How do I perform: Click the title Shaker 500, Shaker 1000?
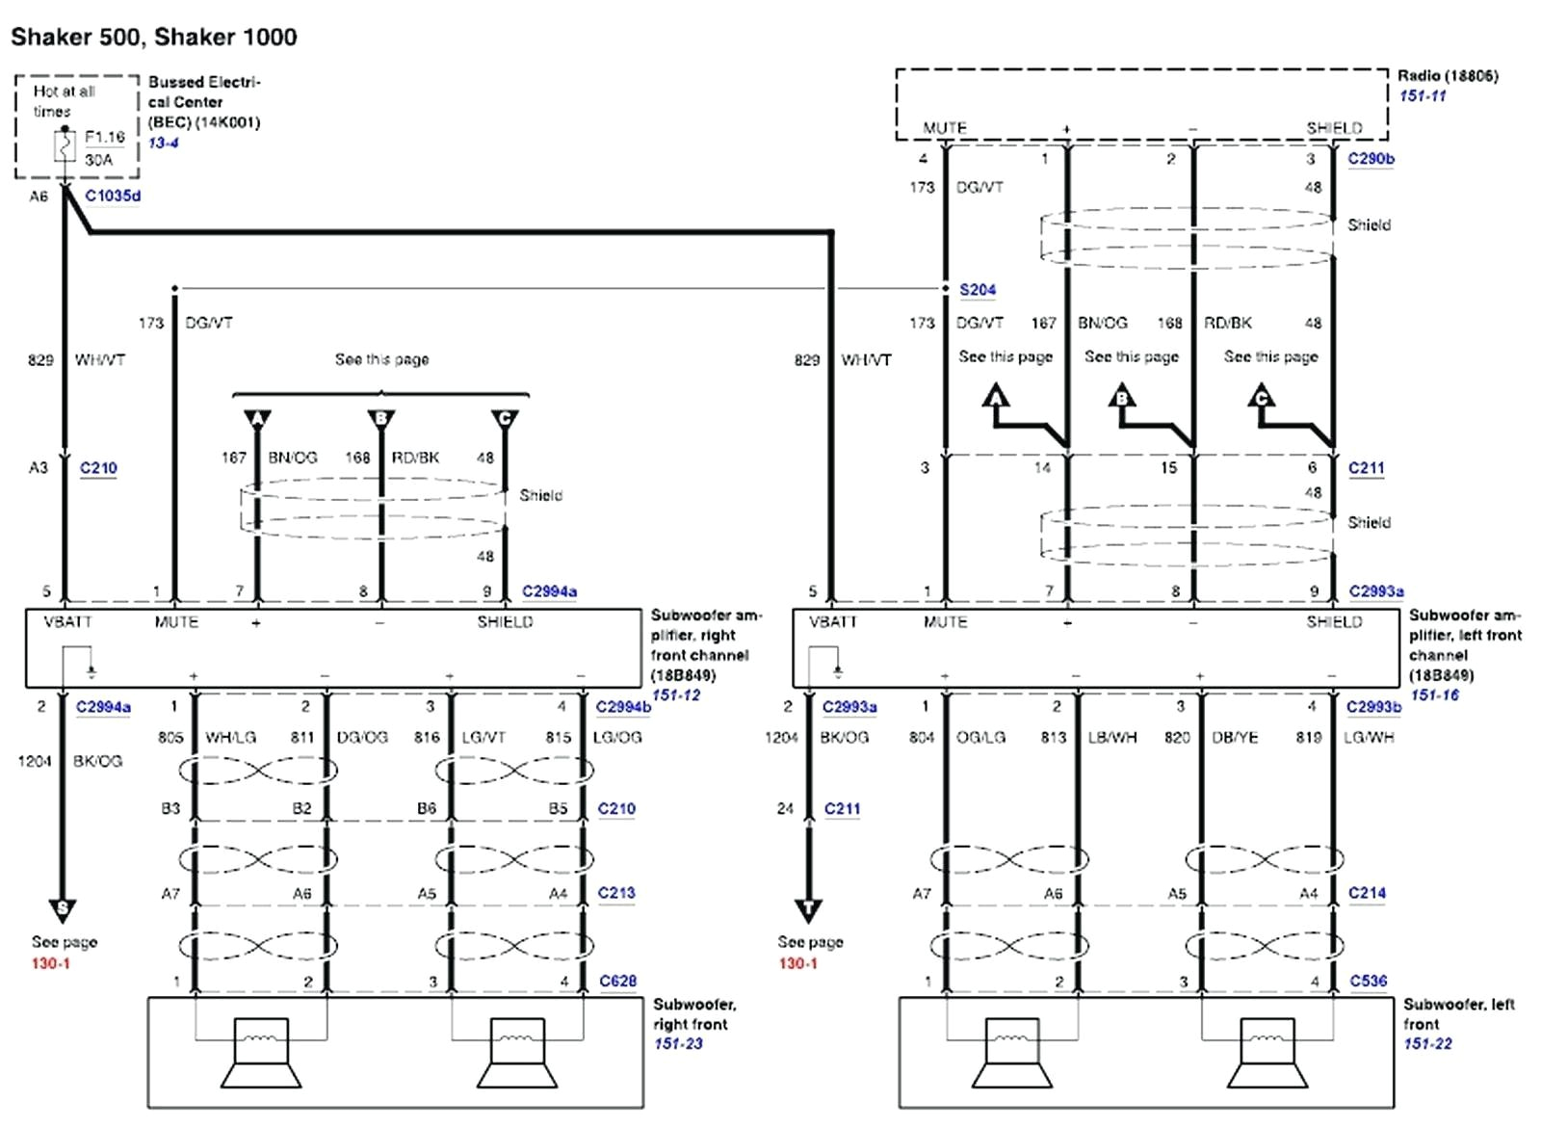click(153, 37)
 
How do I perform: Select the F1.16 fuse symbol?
click(65, 147)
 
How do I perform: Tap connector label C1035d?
click(113, 196)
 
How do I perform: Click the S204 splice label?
click(977, 289)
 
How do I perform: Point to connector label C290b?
click(1371, 158)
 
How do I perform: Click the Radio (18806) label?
click(1448, 75)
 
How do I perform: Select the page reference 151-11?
click(1423, 95)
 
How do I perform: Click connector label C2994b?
click(623, 706)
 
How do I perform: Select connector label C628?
click(617, 981)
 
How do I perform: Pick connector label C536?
click(1368, 981)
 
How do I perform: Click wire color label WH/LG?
click(230, 737)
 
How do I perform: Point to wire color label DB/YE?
click(1235, 737)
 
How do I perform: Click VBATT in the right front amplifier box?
click(67, 622)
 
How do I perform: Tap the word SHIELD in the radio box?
click(1334, 128)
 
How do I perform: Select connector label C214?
click(1367, 893)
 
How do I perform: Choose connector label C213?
click(616, 893)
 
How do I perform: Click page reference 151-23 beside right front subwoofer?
click(678, 1043)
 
